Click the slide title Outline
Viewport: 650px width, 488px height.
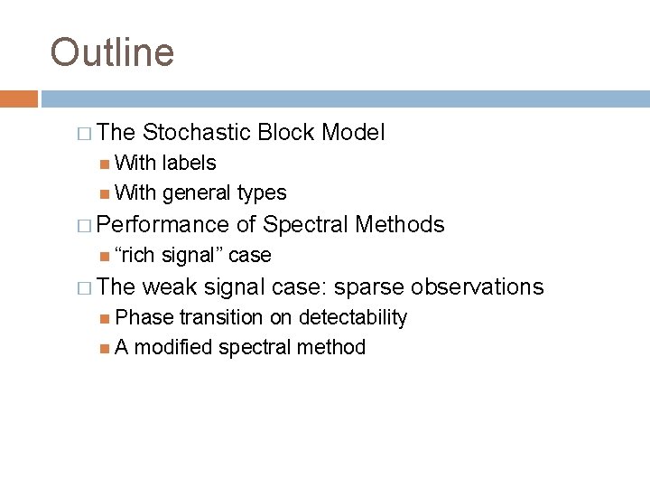pos(112,52)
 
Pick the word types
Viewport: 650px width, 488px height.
pos(261,192)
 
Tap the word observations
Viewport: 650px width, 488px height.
pos(478,287)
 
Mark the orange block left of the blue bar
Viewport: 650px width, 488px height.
pos(19,99)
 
